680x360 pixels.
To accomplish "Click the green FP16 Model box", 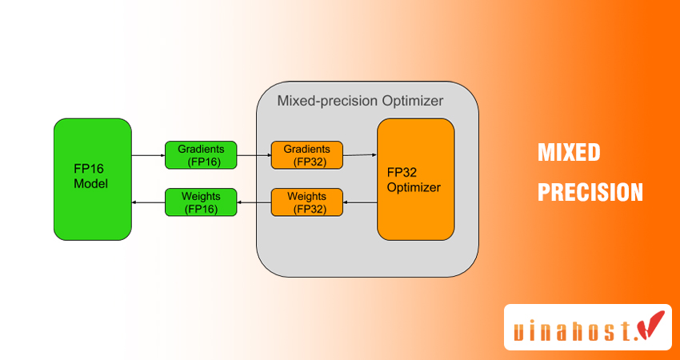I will [x=93, y=179].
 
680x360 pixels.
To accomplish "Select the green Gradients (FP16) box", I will [x=202, y=155].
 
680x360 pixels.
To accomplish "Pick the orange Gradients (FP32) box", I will [x=306, y=155].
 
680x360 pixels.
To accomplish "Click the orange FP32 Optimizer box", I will [x=416, y=179].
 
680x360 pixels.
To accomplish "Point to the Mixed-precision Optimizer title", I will [x=360, y=102].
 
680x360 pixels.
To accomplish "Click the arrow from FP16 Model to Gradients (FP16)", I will [x=148, y=155].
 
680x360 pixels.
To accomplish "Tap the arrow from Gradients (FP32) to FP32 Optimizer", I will [x=360, y=154].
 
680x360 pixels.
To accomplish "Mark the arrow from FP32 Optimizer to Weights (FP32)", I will [x=360, y=202].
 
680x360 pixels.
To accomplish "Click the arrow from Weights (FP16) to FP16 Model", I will [x=148, y=202].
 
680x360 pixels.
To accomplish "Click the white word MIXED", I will [x=569, y=153].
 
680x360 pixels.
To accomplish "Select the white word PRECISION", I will [x=590, y=192].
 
